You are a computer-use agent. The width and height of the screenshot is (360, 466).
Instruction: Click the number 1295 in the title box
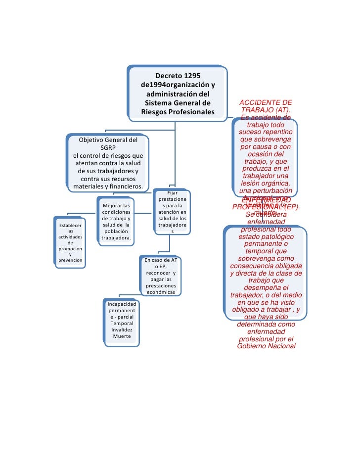[191, 76]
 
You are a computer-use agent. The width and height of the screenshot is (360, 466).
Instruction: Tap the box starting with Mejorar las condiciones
[116, 221]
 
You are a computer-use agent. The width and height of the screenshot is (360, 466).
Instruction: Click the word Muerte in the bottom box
[122, 336]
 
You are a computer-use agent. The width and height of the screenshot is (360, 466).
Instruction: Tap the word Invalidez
[122, 329]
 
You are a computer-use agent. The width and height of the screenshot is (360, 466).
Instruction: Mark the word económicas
[161, 292]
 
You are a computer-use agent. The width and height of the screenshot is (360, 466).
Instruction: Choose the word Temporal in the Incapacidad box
[122, 323]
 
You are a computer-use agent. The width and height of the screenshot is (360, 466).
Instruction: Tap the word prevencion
[70, 260]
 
